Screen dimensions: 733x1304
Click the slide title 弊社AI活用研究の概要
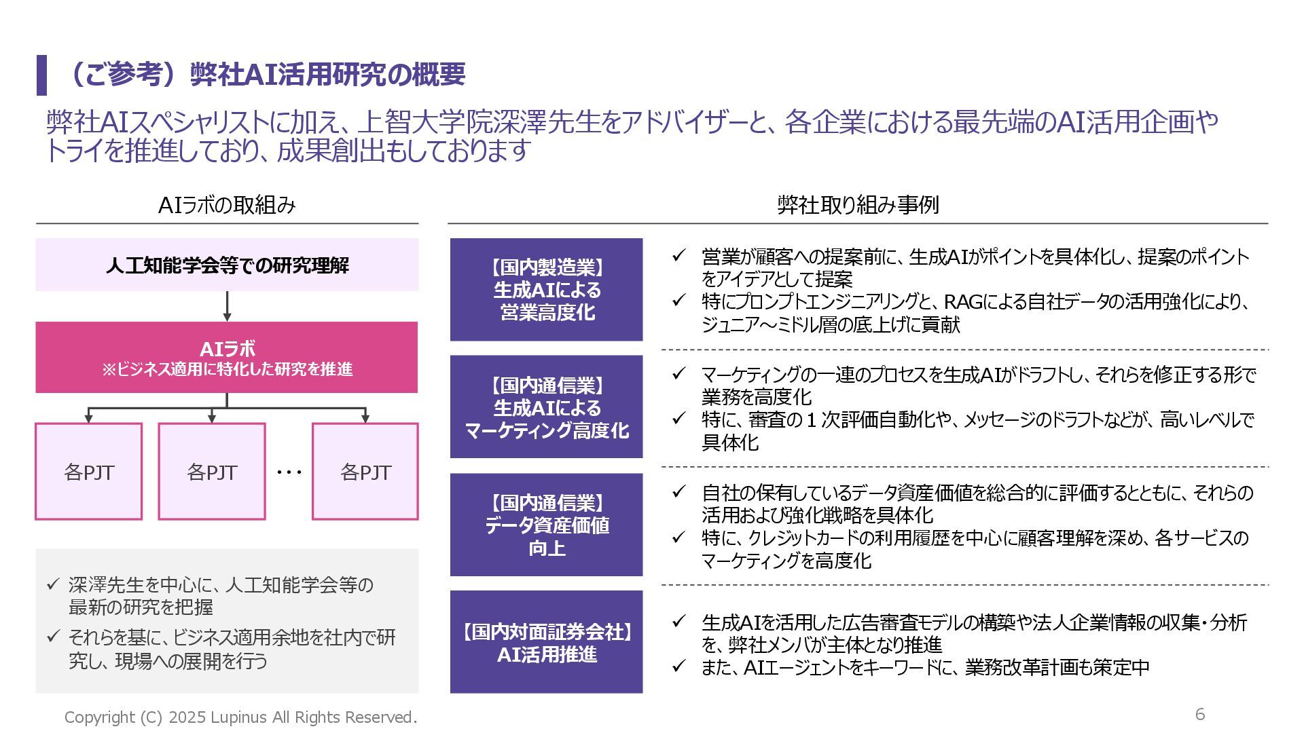click(x=265, y=75)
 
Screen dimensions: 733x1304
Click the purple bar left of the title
click(x=41, y=75)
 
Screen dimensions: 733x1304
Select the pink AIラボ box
click(x=227, y=357)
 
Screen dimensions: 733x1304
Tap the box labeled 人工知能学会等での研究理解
click(x=227, y=265)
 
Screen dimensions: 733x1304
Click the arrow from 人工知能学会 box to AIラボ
click(x=227, y=307)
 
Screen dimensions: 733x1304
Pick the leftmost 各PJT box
click(x=89, y=472)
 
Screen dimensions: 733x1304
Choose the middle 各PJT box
click(x=212, y=472)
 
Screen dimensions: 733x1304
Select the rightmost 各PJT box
click(x=365, y=472)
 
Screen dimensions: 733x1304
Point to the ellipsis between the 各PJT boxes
click(x=289, y=472)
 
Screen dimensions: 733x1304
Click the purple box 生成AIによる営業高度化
click(x=547, y=290)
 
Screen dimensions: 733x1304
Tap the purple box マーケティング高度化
click(x=547, y=407)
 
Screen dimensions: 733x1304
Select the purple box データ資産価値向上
click(x=547, y=525)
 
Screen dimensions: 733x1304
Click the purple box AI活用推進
click(x=547, y=642)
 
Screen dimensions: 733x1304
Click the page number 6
click(x=1200, y=714)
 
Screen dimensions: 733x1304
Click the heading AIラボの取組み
click(x=227, y=205)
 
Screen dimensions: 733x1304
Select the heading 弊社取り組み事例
click(x=858, y=205)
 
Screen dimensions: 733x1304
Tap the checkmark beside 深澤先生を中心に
click(x=53, y=584)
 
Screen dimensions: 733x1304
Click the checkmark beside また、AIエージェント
click(x=678, y=666)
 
